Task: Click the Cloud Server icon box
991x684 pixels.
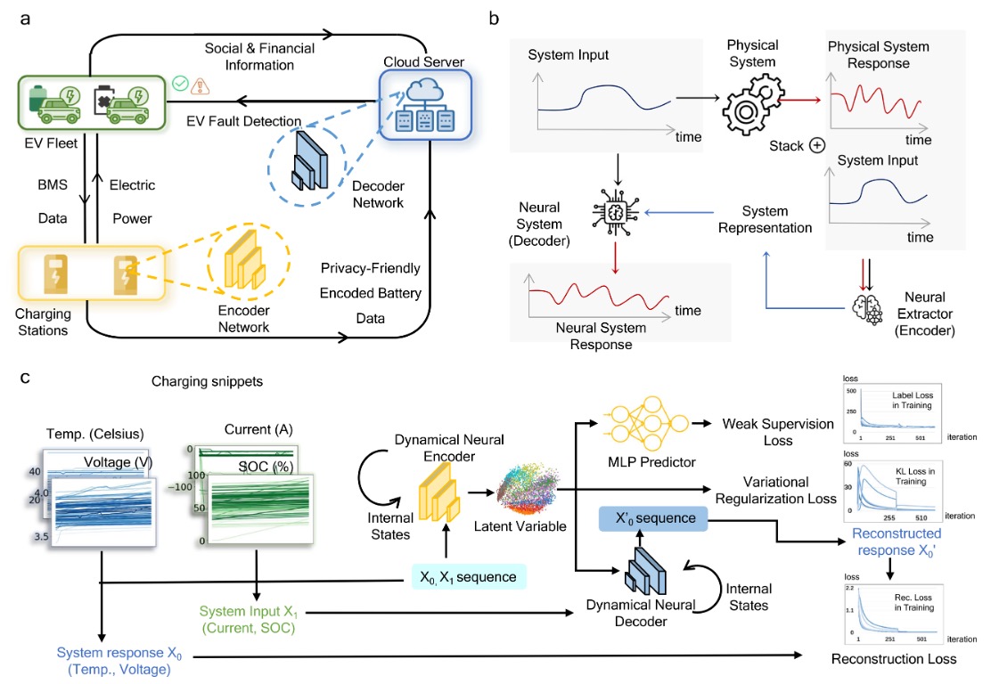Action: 425,104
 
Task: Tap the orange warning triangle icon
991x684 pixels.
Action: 201,85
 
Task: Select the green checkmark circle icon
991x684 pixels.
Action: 180,83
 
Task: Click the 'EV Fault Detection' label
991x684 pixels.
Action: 244,120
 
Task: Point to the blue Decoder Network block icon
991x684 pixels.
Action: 310,161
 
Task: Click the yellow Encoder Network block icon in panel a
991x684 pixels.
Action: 245,259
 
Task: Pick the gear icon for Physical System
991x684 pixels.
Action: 753,104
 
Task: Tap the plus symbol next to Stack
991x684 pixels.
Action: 817,146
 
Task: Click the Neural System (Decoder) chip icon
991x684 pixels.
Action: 615,213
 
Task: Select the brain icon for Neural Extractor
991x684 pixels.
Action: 868,309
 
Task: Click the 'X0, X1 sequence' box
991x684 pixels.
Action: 469,576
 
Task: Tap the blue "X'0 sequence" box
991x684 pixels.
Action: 653,518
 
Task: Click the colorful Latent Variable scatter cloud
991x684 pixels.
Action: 528,490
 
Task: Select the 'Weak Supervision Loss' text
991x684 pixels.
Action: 778,432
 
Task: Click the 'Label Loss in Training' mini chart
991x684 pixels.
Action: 892,413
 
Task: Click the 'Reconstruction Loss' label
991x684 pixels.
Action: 894,659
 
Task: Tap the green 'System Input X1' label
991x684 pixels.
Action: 249,619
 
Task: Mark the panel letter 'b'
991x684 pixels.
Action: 494,19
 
